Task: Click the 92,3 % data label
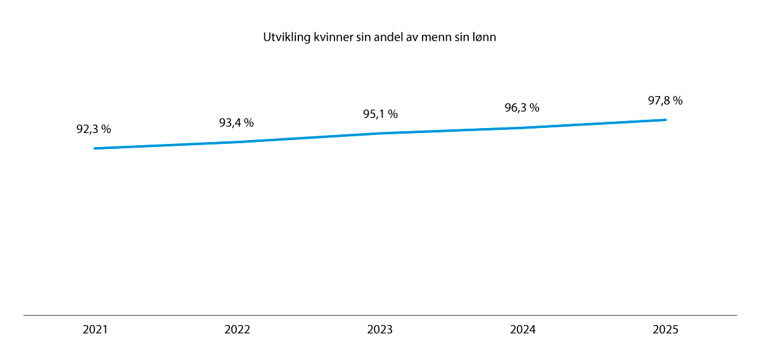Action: tap(94, 129)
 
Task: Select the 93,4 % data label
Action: tap(236, 123)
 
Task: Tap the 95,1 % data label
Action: tap(380, 115)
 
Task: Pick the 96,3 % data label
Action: tap(522, 108)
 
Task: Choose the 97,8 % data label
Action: tap(665, 101)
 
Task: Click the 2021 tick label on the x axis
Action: tap(95, 330)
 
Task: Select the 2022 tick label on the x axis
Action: tap(238, 330)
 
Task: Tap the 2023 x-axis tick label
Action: tap(380, 330)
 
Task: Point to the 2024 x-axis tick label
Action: tap(523, 330)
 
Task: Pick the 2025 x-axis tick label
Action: tap(665, 330)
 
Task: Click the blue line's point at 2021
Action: tap(95, 148)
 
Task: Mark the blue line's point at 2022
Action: tap(238, 142)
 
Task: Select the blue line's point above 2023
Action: tap(380, 133)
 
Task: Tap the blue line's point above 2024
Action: tap(523, 128)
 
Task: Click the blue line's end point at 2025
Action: tap(665, 120)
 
